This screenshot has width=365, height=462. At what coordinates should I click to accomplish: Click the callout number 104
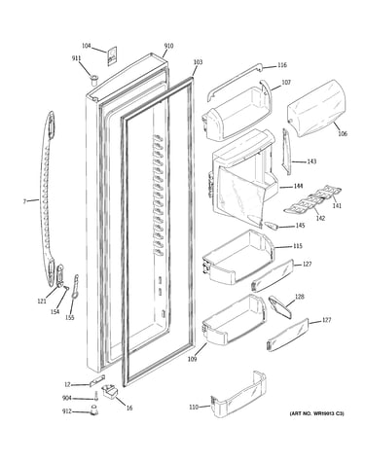(86, 46)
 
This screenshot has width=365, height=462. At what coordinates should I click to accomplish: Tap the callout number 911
(76, 58)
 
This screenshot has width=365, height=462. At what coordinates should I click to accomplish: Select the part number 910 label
(168, 46)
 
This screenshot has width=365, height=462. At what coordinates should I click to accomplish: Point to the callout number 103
(198, 62)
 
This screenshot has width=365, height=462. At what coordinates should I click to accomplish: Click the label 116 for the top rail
(282, 65)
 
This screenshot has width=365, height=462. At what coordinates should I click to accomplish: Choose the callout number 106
(343, 133)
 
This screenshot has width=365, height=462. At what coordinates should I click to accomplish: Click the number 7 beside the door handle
(24, 201)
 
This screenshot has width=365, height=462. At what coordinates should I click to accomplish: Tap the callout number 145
(300, 226)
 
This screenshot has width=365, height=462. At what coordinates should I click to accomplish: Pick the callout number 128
(300, 297)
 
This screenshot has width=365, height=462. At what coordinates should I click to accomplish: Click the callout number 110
(194, 407)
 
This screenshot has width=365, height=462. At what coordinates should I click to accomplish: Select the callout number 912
(67, 411)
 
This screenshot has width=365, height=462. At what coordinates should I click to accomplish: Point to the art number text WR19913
(325, 413)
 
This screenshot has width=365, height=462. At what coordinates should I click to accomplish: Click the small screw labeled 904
(96, 396)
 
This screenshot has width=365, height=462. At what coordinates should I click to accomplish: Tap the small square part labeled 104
(111, 57)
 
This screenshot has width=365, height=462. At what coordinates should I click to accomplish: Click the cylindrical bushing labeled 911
(93, 80)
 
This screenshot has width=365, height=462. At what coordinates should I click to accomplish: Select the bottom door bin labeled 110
(238, 393)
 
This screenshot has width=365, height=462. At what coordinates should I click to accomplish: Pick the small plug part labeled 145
(271, 226)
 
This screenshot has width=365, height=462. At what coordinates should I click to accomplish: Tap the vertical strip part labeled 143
(286, 152)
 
